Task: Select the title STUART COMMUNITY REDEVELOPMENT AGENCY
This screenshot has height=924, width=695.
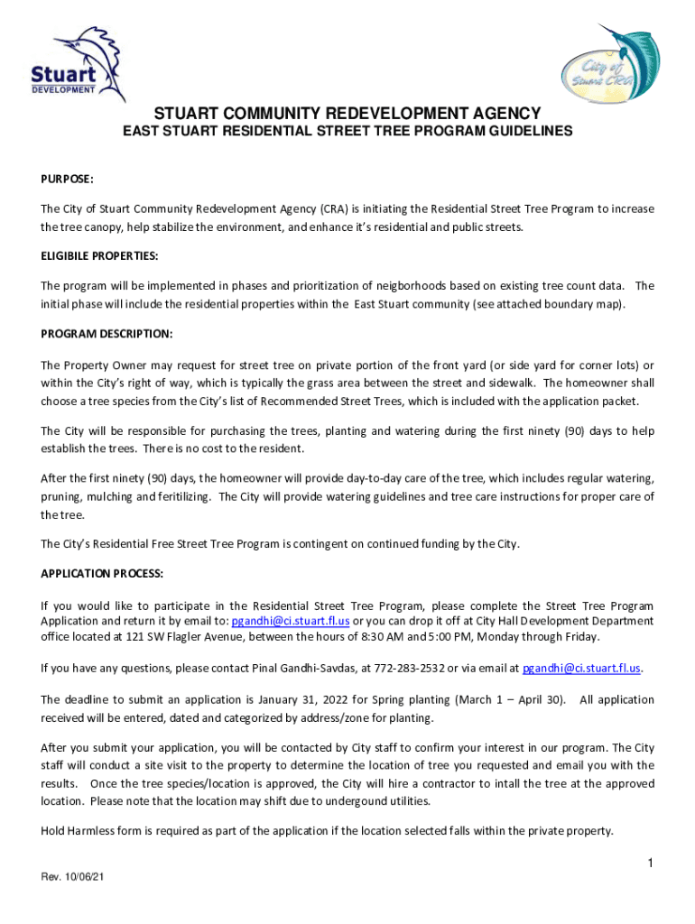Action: [347, 113]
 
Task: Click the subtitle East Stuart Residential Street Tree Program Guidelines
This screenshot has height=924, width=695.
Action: [347, 132]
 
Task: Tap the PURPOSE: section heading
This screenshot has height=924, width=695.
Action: [68, 180]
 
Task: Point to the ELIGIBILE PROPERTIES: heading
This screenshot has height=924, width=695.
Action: [99, 256]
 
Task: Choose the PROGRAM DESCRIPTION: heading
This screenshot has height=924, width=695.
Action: [107, 334]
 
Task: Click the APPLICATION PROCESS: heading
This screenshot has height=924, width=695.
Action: [101, 573]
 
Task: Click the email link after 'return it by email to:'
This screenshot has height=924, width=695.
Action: [291, 621]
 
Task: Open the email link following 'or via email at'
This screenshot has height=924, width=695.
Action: [581, 669]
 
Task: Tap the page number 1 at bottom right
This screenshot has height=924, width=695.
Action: [649, 864]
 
